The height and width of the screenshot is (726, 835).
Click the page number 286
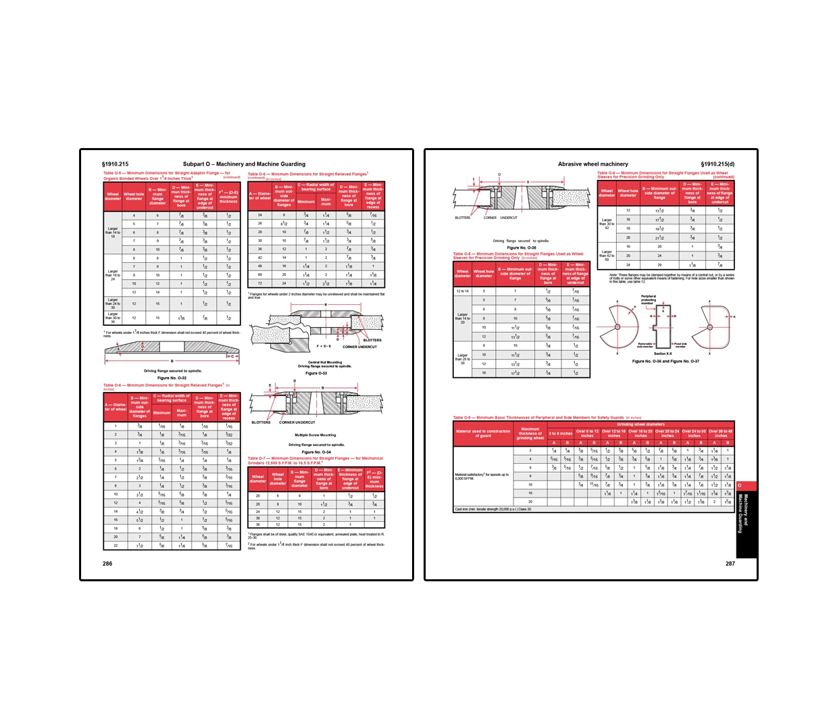pos(107,563)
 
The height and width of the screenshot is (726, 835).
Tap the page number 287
pos(730,563)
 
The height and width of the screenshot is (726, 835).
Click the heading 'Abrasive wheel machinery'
pos(592,164)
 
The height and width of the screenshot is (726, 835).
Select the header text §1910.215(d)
pos(717,164)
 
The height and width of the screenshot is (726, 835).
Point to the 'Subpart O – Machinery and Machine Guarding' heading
pos(244,164)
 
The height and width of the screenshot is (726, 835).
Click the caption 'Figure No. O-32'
pos(172,378)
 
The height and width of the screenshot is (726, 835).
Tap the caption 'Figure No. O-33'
pos(316,373)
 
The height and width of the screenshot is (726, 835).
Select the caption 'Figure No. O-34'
pos(316,452)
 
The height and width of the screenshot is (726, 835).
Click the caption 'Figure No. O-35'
pos(522,247)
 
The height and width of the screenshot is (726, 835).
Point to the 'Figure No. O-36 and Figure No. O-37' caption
pos(665,361)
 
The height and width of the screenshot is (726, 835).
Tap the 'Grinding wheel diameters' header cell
pos(640,425)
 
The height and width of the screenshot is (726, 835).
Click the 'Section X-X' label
pos(663,354)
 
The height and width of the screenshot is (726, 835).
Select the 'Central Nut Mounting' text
pos(325,362)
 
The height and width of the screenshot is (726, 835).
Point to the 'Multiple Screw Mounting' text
pos(315,435)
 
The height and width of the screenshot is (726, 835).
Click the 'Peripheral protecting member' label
pos(648,299)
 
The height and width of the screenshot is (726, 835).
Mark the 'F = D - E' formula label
pos(324,346)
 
